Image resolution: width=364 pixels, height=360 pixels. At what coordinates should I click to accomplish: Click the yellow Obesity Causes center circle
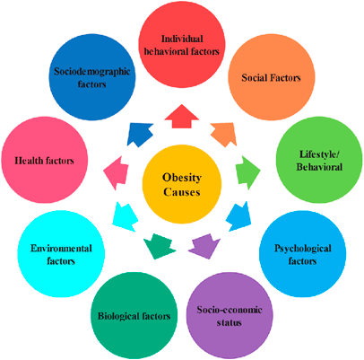[x=182, y=184]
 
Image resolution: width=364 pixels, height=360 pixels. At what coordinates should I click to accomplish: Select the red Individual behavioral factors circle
[x=182, y=45]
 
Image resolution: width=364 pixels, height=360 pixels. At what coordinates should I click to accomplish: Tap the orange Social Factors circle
[x=272, y=78]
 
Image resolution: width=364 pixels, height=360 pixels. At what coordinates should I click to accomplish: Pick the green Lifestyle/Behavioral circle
[x=319, y=160]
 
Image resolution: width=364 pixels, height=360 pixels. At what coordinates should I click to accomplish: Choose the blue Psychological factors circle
[x=302, y=254]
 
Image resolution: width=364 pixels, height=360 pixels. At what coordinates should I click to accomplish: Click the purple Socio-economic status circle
[x=230, y=316]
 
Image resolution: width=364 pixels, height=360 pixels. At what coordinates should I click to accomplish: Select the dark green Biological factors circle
[x=134, y=316]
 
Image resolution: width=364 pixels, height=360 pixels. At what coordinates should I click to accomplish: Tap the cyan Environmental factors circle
[x=61, y=254]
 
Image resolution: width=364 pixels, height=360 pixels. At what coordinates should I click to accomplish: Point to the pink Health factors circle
[x=45, y=160]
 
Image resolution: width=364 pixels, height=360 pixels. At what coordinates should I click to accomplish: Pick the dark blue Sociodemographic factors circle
[x=92, y=77]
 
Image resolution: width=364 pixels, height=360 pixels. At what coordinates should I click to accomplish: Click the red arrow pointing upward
[x=182, y=117]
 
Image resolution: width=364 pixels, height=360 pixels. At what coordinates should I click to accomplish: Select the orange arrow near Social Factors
[x=224, y=134]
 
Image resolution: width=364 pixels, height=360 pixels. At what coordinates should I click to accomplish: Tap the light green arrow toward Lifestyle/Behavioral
[x=247, y=171]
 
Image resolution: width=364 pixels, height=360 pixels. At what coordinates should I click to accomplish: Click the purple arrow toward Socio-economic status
[x=204, y=247]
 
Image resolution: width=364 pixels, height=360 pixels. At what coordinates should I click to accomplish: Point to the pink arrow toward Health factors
[x=116, y=172]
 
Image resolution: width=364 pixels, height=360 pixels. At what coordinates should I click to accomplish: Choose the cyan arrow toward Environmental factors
[x=125, y=216]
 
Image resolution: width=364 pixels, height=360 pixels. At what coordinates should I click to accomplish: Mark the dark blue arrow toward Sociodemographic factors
[x=139, y=135]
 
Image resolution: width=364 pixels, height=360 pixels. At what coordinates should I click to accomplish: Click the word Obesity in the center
[x=182, y=178]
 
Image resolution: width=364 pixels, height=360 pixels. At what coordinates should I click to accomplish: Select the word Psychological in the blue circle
[x=303, y=249]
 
